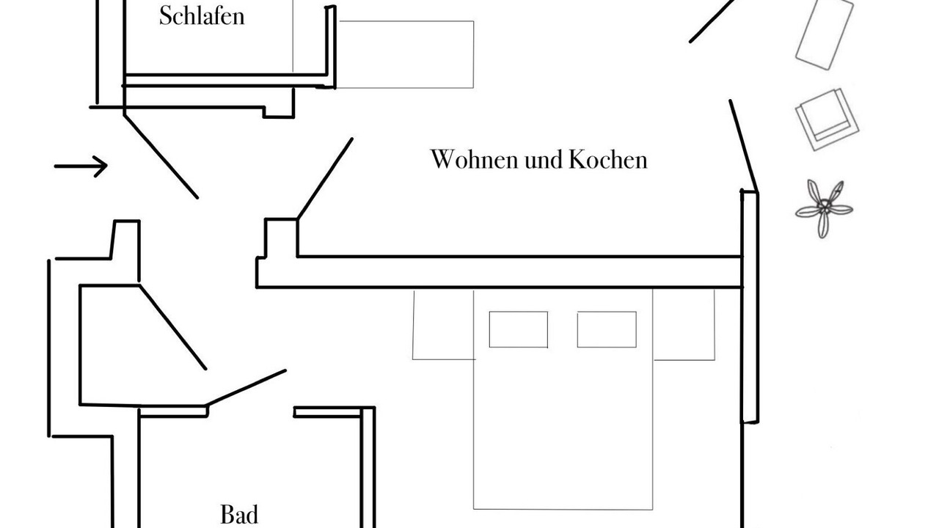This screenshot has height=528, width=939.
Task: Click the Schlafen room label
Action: (201, 16)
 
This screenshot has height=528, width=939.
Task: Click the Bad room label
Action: (239, 514)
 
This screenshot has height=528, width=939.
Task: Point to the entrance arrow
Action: (81, 166)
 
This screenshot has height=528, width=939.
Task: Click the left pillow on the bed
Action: (518, 329)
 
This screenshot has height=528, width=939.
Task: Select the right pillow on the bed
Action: (606, 329)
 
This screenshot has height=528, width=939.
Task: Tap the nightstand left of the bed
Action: (442, 325)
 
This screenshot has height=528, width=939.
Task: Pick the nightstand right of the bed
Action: (684, 325)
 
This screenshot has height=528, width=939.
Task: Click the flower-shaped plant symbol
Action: (825, 208)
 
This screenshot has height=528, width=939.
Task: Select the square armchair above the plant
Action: (827, 119)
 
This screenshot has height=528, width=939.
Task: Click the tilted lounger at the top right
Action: (825, 34)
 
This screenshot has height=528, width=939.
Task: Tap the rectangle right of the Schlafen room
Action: (406, 54)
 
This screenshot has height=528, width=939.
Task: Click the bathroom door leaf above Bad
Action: (246, 386)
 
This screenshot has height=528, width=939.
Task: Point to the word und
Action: (544, 159)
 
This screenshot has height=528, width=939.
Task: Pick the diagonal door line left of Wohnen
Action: (325, 178)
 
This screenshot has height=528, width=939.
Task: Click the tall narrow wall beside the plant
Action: (749, 306)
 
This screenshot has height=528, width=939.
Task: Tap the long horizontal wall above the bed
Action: (499, 271)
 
